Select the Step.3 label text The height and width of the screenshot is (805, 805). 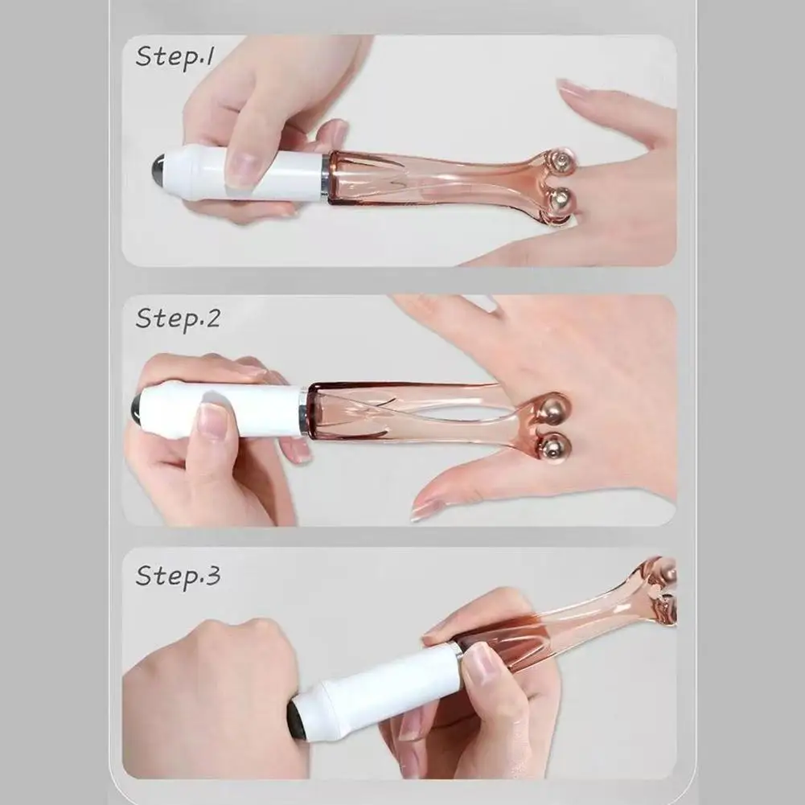point(177,575)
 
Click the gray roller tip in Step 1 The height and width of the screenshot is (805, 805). point(158,167)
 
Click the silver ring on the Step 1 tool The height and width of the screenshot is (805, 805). point(325,177)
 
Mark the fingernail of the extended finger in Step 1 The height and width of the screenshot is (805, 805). point(573,88)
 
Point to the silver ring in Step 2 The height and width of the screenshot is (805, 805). point(304,412)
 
